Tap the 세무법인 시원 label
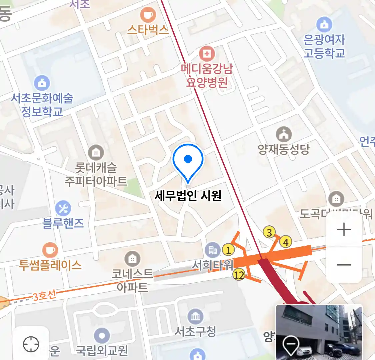coord(188,196)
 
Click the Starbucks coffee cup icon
coord(148,15)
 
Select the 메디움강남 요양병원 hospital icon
coord(207,54)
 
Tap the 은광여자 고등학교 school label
coord(324,46)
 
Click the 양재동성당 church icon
coord(284,134)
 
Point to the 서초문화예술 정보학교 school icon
coord(42,83)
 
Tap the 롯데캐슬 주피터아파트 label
coord(96,174)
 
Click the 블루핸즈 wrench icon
coord(63,208)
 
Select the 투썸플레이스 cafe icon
coord(50,250)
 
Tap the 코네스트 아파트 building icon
coord(132,259)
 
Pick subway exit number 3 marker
coord(269,232)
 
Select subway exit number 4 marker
coord(286,242)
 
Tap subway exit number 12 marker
coord(239,275)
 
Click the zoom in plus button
coord(344,230)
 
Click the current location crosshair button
coord(31,344)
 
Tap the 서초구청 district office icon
coord(195,316)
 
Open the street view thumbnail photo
coord(319,332)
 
